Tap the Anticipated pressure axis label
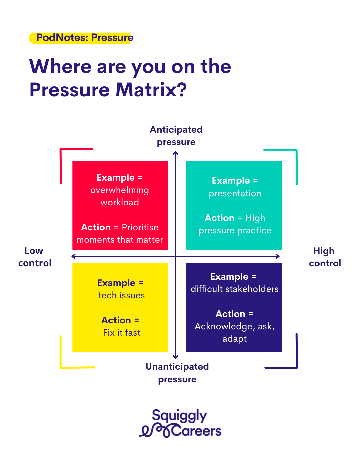point(176,136)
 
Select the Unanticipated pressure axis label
point(177,373)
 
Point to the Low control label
point(35,257)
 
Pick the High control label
point(325,257)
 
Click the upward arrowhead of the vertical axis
point(176,153)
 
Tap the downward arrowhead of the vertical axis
point(176,357)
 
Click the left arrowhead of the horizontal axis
point(73,256)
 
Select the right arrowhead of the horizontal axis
point(278,256)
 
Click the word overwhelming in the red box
point(120,190)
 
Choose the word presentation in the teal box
point(235,194)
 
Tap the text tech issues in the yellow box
point(122,295)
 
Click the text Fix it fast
point(122,332)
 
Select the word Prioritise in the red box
point(140,227)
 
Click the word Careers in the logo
point(196,431)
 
